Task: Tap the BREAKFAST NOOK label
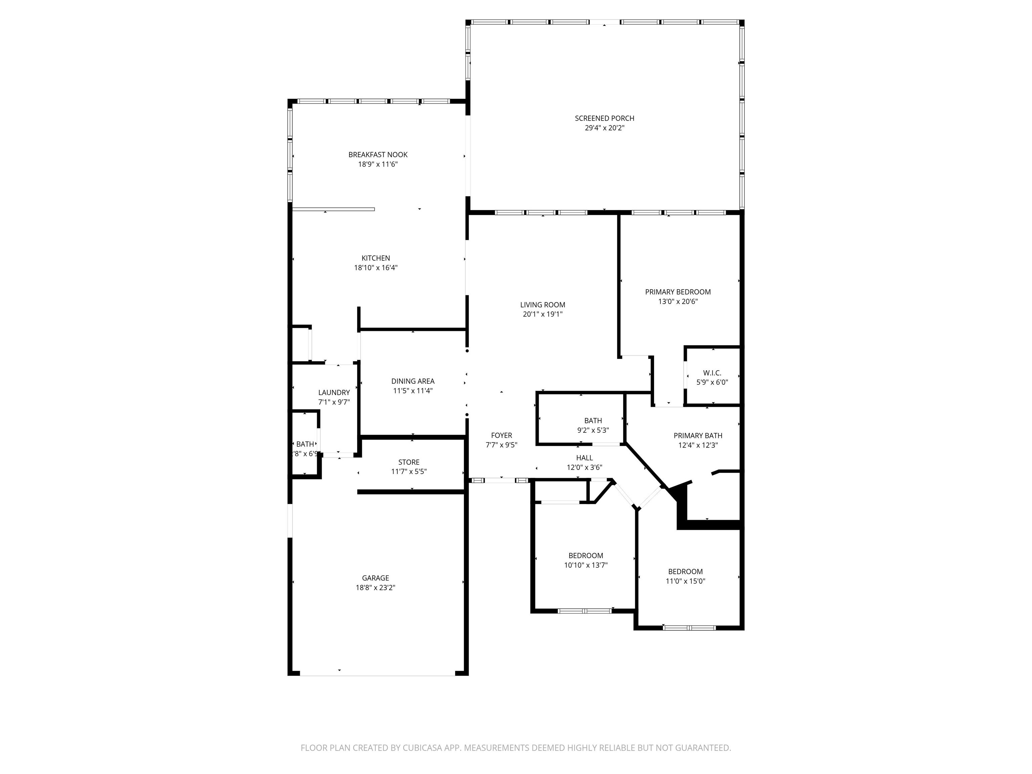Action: point(378,155)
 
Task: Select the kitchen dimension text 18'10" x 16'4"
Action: point(376,268)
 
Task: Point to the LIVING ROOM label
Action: point(543,305)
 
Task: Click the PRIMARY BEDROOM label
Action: point(678,292)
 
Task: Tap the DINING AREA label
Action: point(413,382)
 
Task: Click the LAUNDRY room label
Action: point(334,393)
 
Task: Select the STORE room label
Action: point(409,462)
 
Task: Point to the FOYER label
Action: point(502,436)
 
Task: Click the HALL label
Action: point(585,458)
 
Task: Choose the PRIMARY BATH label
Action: point(698,436)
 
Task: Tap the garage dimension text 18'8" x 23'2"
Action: point(375,588)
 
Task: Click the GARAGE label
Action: point(375,578)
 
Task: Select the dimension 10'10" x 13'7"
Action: point(586,565)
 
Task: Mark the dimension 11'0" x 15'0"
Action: point(685,581)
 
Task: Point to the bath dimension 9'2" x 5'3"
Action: point(593,431)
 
